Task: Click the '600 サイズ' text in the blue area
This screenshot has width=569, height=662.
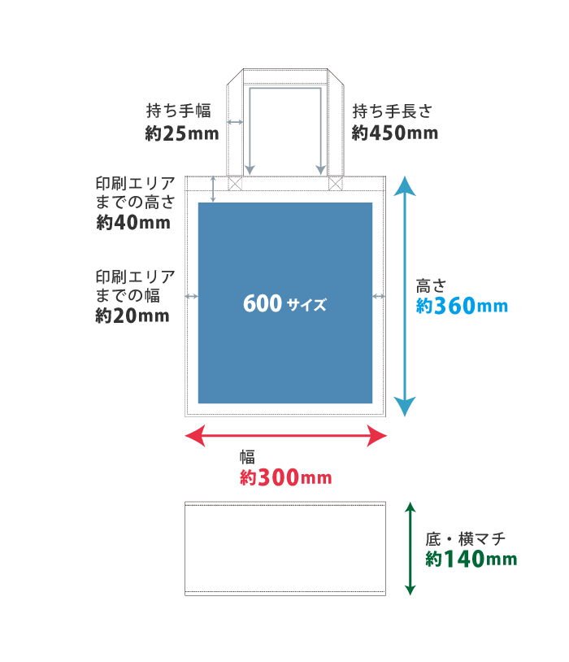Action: (x=284, y=304)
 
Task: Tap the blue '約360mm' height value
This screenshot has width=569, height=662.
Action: (x=462, y=307)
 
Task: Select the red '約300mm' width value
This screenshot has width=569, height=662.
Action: (x=286, y=478)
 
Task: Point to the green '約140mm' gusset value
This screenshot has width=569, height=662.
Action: (x=471, y=560)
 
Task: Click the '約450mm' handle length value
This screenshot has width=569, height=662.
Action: (x=395, y=133)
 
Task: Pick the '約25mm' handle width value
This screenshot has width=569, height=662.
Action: (x=183, y=133)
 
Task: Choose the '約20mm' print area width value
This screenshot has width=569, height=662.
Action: (x=132, y=316)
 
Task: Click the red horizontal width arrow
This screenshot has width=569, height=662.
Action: (x=286, y=437)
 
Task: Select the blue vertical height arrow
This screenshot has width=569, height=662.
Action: (x=405, y=298)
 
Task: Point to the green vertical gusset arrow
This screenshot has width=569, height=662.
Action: (x=410, y=548)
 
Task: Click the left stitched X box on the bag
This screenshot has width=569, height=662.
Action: (x=235, y=184)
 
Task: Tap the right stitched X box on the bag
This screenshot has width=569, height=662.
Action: (x=336, y=184)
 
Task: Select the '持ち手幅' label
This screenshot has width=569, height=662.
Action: (x=179, y=111)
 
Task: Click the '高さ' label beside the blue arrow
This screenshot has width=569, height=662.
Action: (x=432, y=285)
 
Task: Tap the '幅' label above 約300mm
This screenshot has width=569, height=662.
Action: (x=247, y=457)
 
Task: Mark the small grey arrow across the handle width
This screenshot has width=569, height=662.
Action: (x=235, y=122)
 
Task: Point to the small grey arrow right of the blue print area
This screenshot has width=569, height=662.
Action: (x=379, y=297)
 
